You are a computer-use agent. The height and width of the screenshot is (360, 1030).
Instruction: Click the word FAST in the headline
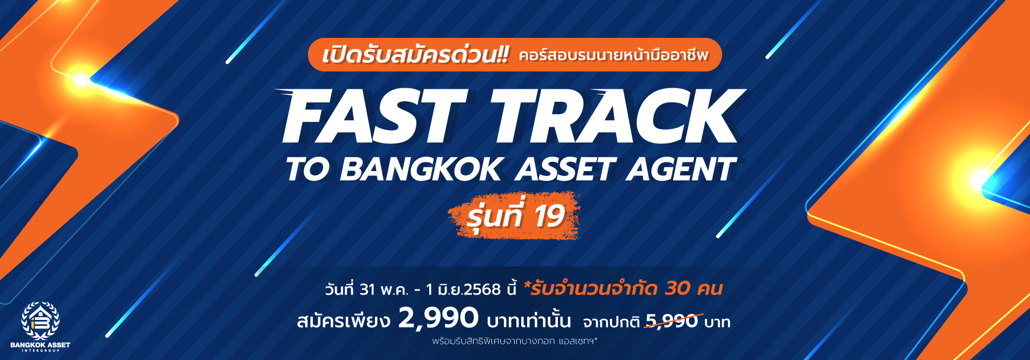(x=374, y=117)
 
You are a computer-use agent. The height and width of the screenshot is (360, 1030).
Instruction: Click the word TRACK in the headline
(x=617, y=117)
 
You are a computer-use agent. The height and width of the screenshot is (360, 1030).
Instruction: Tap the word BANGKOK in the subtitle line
(x=421, y=169)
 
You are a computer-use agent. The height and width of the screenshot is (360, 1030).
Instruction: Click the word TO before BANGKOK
(x=307, y=169)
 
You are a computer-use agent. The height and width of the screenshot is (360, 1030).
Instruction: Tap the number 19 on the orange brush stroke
(x=549, y=216)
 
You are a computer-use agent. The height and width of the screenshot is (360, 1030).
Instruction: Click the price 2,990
(x=438, y=318)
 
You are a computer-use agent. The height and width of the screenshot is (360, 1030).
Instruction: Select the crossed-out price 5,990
(x=672, y=322)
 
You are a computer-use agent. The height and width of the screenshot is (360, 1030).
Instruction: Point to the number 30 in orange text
(x=678, y=289)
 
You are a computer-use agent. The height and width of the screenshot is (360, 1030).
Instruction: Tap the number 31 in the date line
(x=368, y=290)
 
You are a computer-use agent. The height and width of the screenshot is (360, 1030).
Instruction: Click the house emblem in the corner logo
(x=41, y=321)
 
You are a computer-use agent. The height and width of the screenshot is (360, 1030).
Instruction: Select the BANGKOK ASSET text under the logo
(x=41, y=345)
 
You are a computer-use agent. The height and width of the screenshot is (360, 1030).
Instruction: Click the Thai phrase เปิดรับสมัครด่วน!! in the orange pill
(x=415, y=55)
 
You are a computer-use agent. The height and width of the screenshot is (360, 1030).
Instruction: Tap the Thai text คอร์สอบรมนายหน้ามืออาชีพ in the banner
(x=613, y=55)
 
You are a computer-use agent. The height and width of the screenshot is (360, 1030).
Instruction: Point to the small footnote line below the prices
(x=515, y=341)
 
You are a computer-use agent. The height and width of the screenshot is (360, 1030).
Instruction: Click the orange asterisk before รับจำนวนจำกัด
(x=527, y=285)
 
